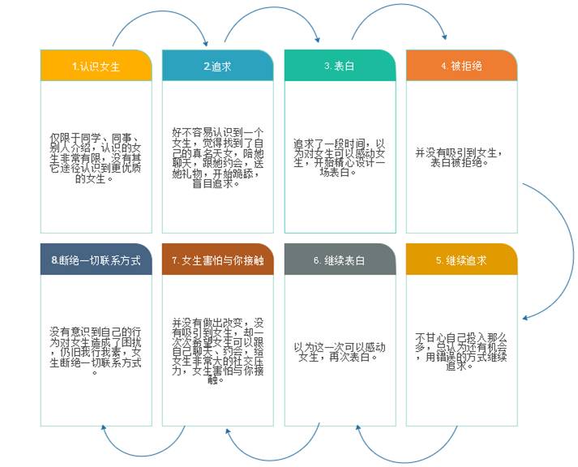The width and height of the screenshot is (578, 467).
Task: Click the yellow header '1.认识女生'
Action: click(96, 66)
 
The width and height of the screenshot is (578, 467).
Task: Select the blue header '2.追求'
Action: click(217, 66)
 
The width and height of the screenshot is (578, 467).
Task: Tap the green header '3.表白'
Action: click(339, 66)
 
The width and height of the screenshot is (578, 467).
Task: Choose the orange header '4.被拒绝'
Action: click(461, 66)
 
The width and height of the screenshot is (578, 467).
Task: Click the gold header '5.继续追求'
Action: click(461, 260)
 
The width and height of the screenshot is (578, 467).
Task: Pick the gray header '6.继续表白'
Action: click(339, 260)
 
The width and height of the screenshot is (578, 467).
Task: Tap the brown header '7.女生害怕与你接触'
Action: click(217, 260)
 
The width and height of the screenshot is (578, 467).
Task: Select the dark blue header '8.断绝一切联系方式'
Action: click(96, 260)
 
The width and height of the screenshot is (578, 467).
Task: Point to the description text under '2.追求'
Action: click(217, 156)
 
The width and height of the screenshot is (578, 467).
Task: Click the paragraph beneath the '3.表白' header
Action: click(339, 156)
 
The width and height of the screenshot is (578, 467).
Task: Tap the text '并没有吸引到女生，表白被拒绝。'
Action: click(461, 156)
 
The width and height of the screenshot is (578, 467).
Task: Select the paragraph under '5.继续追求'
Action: click(461, 350)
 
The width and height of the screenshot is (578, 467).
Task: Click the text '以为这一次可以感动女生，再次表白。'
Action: click(339, 351)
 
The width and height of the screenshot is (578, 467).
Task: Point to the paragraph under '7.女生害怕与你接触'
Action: click(217, 350)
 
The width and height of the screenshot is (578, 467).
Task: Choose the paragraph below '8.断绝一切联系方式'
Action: click(96, 350)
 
